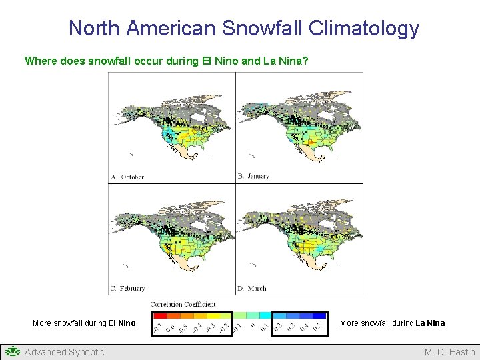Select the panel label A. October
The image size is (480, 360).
tap(127, 177)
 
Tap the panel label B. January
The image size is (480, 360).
tap(253, 177)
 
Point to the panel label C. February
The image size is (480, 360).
tap(128, 289)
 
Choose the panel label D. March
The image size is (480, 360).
tap(252, 289)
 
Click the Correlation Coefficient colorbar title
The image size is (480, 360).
tap(183, 305)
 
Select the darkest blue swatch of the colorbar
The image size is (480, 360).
tap(319, 315)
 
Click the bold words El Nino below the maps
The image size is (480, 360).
tap(122, 323)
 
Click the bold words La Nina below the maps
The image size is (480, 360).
tap(430, 323)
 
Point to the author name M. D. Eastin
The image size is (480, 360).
tap(449, 352)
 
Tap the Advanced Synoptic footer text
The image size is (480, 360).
tap(64, 352)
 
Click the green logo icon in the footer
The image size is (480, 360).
tap(13, 351)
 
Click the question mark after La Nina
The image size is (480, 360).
tap(305, 61)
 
